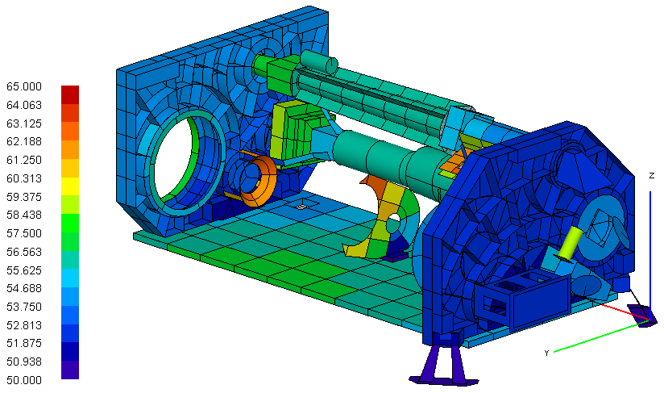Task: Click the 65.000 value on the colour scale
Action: [x=24, y=87]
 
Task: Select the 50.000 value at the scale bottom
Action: [x=24, y=380]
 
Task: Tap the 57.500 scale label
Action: [x=24, y=233]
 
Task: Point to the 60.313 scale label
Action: [x=24, y=178]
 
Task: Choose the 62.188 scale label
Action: [x=24, y=141]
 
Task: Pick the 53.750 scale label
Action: [x=24, y=307]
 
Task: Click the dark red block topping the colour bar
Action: [x=70, y=94]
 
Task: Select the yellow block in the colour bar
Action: [x=70, y=186]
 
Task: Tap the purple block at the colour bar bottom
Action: [x=70, y=370]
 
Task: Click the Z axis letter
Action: [x=652, y=175]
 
